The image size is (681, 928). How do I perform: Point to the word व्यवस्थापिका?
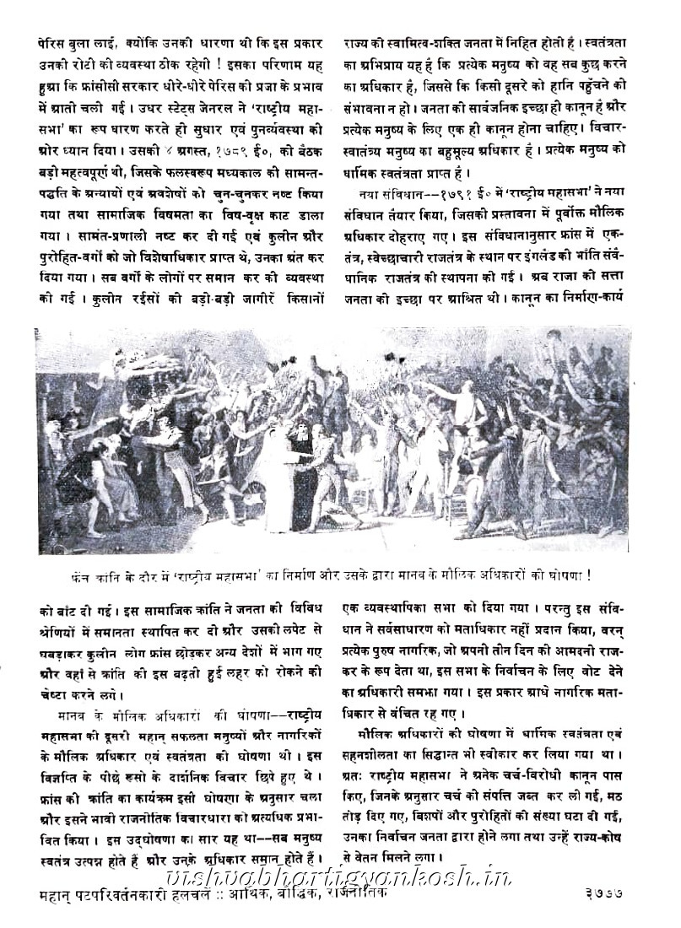pyautogui.click(x=397, y=605)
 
